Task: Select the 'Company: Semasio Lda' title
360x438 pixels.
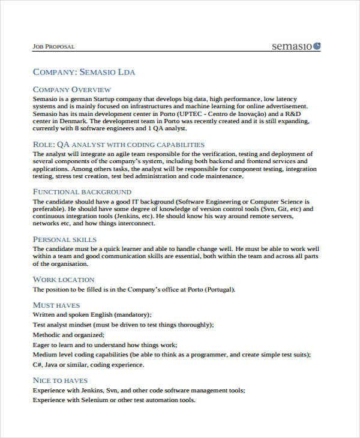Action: (x=84, y=72)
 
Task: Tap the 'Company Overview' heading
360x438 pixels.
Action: (x=71, y=89)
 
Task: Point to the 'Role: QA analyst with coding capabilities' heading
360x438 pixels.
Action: (x=119, y=145)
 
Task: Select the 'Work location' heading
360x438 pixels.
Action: (x=64, y=279)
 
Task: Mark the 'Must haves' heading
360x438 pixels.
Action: (x=56, y=305)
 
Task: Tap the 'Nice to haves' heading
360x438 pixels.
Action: (x=60, y=380)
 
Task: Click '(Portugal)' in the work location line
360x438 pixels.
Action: (x=220, y=289)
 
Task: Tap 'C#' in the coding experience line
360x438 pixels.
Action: (x=38, y=365)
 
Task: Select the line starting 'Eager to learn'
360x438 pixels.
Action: (x=105, y=345)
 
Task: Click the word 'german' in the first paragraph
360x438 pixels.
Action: (x=83, y=98)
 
